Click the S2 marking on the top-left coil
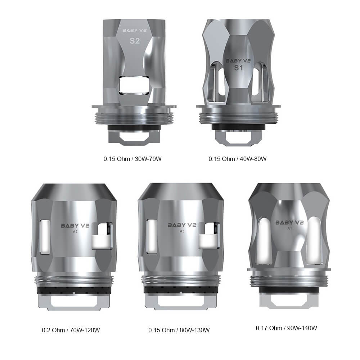[134, 41]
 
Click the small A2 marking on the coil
[75, 232]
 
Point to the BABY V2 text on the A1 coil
[289, 222]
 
